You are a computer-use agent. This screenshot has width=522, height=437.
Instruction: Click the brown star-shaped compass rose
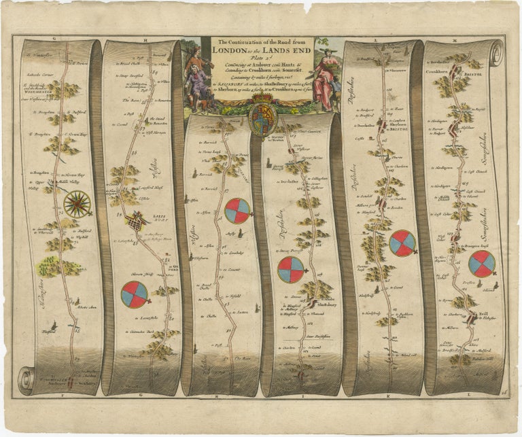coord(76,203)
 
